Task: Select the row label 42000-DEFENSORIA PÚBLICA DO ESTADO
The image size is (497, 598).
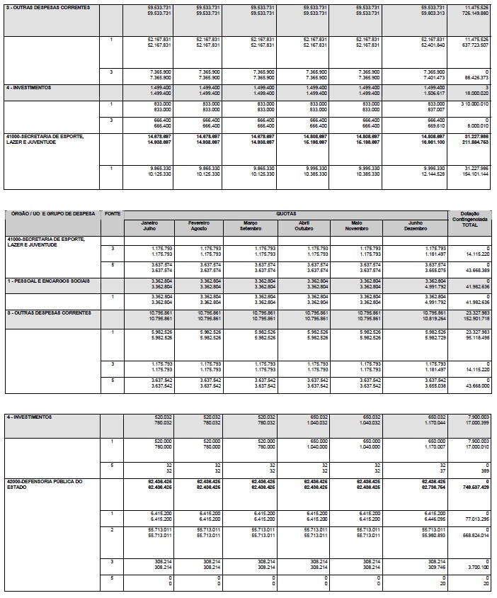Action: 45,485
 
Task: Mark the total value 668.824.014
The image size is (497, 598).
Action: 474,534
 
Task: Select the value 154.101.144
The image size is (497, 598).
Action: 474,174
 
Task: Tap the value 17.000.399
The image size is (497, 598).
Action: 474,423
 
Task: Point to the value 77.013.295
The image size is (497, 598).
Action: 474,519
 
